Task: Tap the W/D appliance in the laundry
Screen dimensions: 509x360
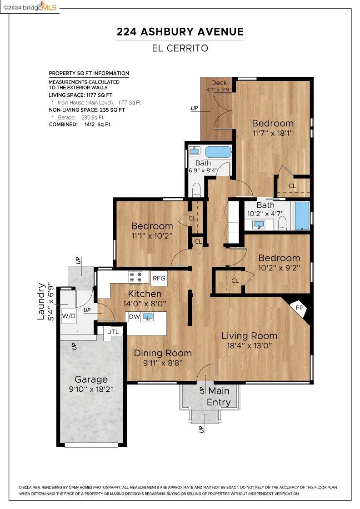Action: click(x=69, y=315)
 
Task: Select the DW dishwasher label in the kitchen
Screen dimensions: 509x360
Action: click(x=134, y=317)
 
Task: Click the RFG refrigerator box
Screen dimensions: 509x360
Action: click(x=159, y=278)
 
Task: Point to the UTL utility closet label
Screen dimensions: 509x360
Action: click(x=113, y=332)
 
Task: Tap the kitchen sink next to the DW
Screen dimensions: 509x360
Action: click(x=147, y=317)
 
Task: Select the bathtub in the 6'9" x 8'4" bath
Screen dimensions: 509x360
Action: click(x=218, y=152)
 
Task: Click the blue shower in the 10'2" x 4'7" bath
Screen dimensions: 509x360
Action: click(x=302, y=216)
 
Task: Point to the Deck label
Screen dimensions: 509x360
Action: click(x=219, y=83)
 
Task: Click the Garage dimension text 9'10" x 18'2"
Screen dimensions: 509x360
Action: click(x=91, y=389)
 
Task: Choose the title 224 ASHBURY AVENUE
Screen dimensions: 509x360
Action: click(x=180, y=31)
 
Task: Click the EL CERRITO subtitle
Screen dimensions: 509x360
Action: click(x=180, y=48)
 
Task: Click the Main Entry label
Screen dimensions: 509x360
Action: click(x=219, y=396)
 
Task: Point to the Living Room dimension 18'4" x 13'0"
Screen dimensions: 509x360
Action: click(x=249, y=345)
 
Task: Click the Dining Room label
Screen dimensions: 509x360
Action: click(x=163, y=353)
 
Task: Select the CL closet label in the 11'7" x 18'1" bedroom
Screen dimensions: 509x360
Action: click(x=292, y=186)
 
